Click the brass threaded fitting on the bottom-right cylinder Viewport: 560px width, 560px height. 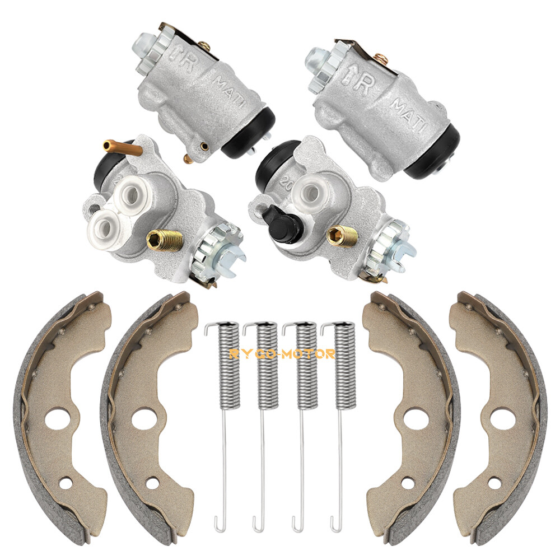(343, 236)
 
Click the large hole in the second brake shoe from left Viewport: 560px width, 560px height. (144, 417)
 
